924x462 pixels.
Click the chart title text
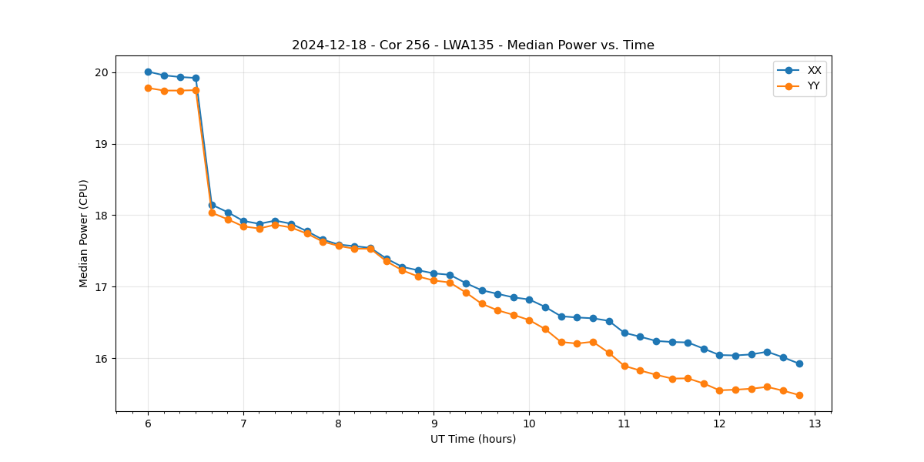pyautogui.click(x=473, y=45)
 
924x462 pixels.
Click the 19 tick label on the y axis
pyautogui.click(x=102, y=144)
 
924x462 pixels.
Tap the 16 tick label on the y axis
pyautogui.click(x=102, y=359)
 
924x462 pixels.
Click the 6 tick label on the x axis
pyautogui.click(x=148, y=423)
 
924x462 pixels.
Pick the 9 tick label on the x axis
pyautogui.click(x=434, y=423)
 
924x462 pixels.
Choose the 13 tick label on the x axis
pyautogui.click(x=815, y=423)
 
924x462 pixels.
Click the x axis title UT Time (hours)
pyautogui.click(x=473, y=439)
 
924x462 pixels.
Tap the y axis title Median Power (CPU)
pyautogui.click(x=84, y=233)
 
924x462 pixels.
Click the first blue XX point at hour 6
pyautogui.click(x=148, y=72)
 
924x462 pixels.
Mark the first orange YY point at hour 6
pyautogui.click(x=148, y=88)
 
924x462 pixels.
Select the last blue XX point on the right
pyautogui.click(x=799, y=363)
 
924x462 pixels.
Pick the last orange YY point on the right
pyautogui.click(x=799, y=395)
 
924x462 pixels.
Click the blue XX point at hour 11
pyautogui.click(x=624, y=333)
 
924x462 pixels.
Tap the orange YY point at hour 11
pyautogui.click(x=624, y=366)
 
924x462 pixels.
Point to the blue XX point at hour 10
pyautogui.click(x=529, y=300)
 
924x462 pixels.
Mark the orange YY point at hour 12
pyautogui.click(x=719, y=390)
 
